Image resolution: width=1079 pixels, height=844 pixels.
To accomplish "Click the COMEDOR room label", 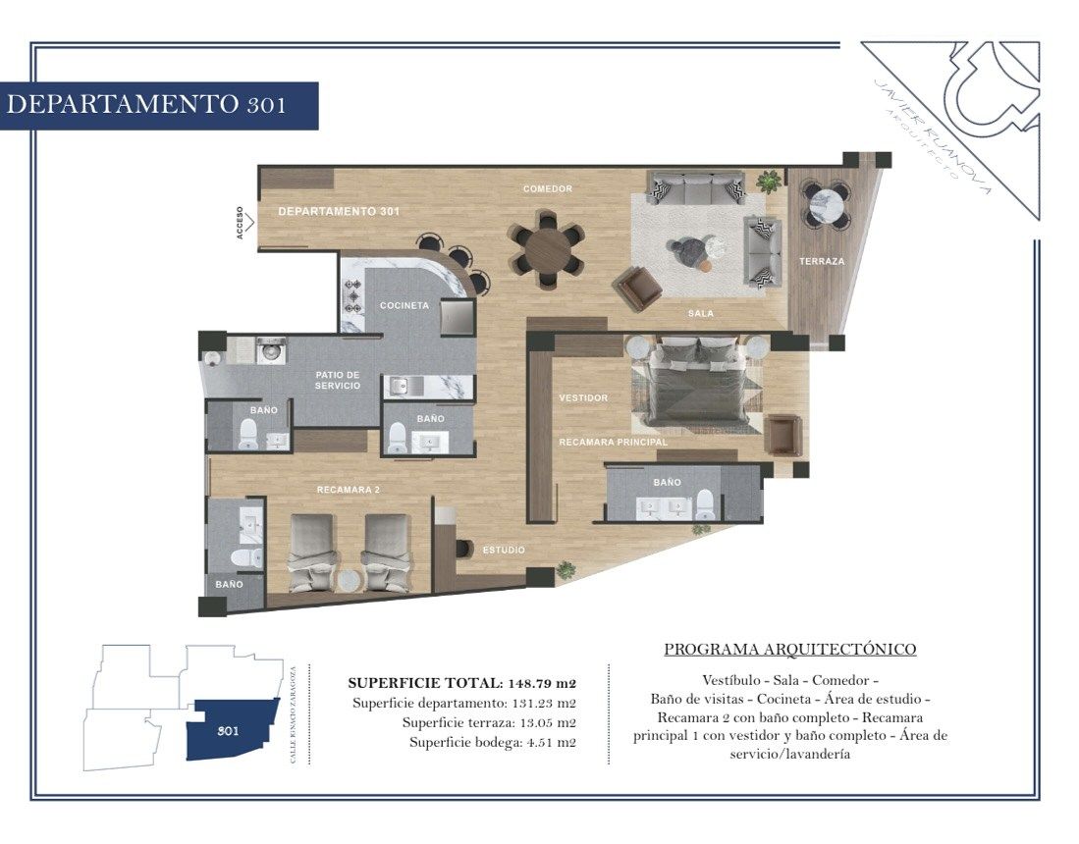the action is point(547,188).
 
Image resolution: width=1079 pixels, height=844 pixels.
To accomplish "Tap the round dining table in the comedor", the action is point(547,249).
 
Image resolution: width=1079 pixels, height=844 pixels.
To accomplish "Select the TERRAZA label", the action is point(822,261).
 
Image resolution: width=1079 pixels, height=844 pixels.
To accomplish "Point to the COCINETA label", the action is point(405,305).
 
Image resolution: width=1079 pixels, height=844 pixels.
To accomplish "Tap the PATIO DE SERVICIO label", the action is point(337,381).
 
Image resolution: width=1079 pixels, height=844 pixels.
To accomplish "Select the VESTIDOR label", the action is point(583,397).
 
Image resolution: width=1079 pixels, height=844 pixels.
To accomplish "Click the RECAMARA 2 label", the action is point(349,490).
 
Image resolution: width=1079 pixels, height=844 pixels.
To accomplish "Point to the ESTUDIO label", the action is point(504,551).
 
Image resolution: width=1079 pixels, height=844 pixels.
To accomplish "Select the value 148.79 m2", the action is point(542,684).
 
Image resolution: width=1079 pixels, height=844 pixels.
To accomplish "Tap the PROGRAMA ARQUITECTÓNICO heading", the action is point(790,650).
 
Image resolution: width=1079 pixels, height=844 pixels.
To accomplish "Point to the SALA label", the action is point(701,314).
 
